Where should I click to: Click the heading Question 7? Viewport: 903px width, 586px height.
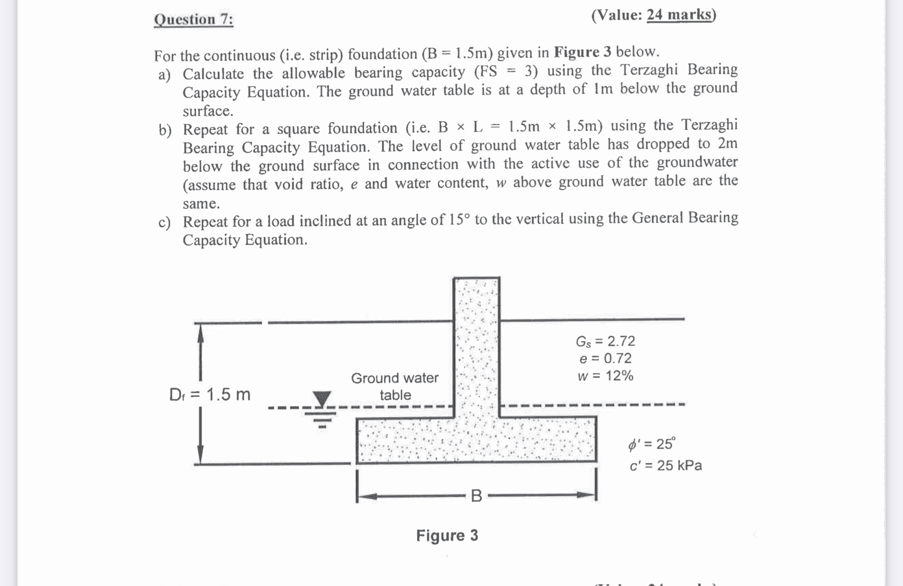point(194,19)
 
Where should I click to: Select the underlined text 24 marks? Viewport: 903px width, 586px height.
point(679,15)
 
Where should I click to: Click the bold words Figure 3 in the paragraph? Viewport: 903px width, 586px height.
point(582,52)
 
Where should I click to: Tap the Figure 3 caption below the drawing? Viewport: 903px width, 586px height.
point(447,535)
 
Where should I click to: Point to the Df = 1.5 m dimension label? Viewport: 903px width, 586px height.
point(209,394)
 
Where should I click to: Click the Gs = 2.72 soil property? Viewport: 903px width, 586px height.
point(605,341)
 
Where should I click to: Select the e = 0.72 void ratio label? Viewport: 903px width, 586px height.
point(605,358)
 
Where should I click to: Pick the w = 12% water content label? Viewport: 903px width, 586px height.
point(605,376)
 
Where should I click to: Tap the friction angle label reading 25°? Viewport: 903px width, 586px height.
point(652,444)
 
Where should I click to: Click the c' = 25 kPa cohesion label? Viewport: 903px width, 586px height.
point(666,465)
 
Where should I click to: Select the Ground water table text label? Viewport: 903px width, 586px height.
point(395,386)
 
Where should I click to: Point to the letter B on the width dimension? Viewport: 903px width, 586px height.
point(476,496)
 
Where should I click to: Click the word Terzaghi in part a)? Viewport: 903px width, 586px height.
point(649,70)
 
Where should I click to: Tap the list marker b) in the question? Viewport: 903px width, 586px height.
point(165,130)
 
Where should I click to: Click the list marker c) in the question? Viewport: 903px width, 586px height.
point(164,223)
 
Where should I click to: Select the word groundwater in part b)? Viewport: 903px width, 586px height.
point(697,162)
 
